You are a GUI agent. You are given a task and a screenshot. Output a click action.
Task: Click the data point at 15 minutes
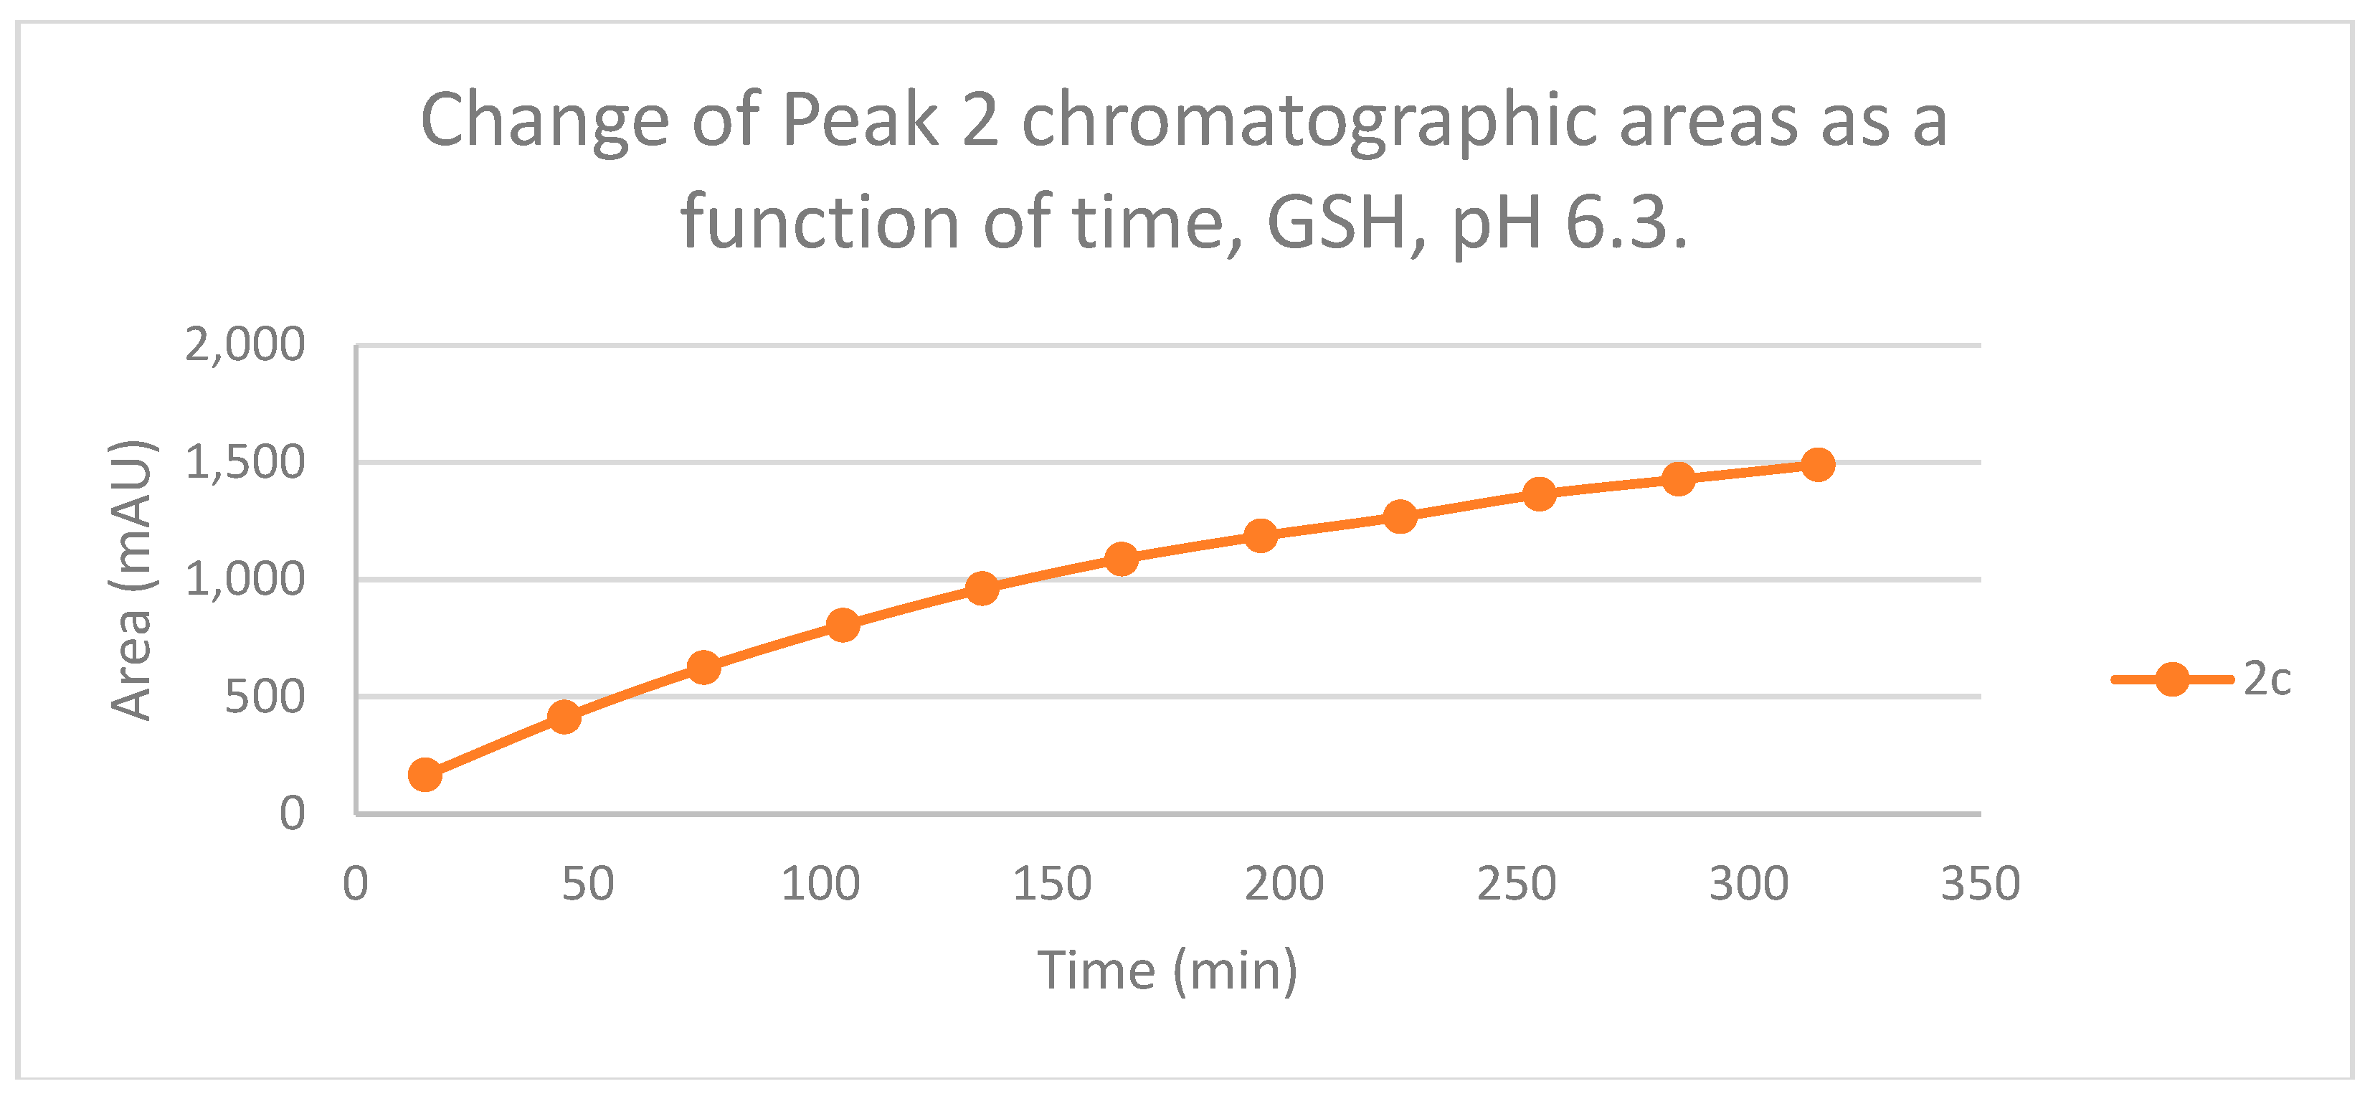click(425, 775)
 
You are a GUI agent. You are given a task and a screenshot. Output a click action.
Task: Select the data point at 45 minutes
click(564, 717)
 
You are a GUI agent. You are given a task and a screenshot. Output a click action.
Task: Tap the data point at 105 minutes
click(843, 625)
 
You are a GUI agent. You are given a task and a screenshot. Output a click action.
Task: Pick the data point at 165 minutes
click(1121, 558)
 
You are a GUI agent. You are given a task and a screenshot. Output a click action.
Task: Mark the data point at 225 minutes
click(1400, 517)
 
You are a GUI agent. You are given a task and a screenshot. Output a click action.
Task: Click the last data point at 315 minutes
click(1818, 465)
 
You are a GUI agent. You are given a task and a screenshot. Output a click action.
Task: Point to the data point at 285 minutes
click(1679, 478)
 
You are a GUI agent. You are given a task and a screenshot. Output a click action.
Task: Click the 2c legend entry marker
click(2172, 679)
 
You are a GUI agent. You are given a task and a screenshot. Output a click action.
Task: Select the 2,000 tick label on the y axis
click(245, 346)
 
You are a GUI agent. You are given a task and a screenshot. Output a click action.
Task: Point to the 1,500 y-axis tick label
click(245, 463)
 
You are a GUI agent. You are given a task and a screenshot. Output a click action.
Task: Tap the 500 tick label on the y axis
click(265, 697)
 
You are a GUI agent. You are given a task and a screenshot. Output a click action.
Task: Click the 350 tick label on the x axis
click(1981, 885)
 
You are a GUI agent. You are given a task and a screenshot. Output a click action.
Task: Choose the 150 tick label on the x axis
click(1052, 885)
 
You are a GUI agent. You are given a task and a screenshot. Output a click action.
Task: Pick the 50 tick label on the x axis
click(588, 885)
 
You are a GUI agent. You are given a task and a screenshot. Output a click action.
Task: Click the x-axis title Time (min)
click(1168, 971)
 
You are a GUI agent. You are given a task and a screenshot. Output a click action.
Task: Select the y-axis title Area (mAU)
click(131, 580)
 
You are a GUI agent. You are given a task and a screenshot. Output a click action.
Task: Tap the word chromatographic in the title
click(1309, 121)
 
